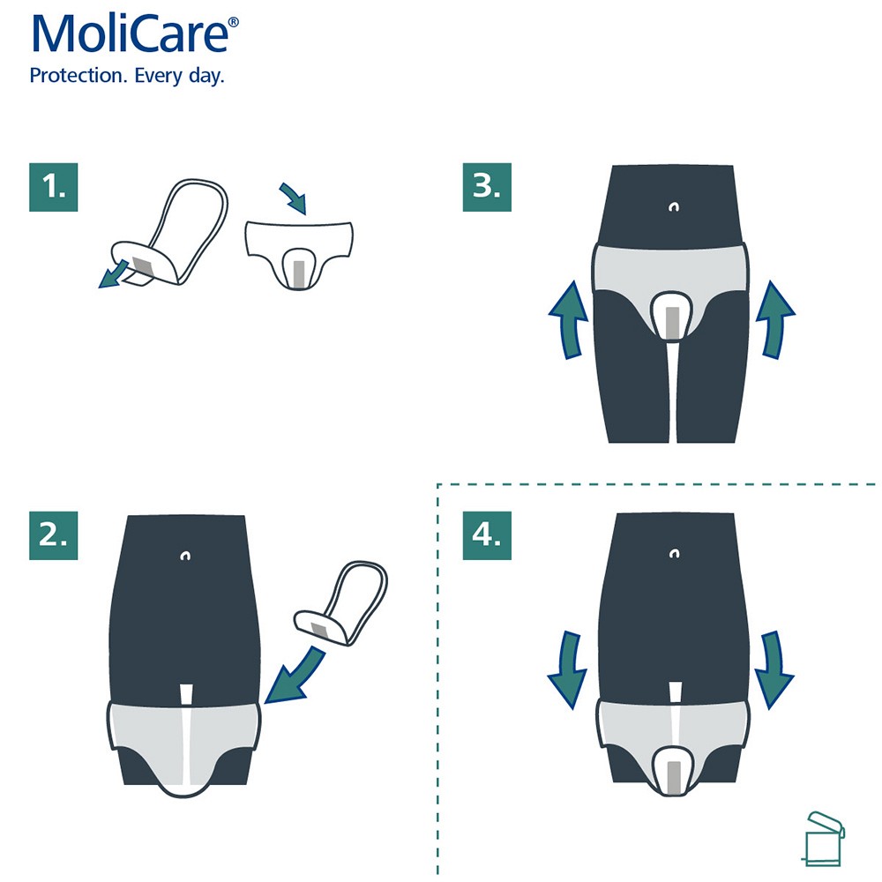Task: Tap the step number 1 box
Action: (53, 187)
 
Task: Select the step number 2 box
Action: (53, 534)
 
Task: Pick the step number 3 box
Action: (487, 187)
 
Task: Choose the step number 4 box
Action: (487, 534)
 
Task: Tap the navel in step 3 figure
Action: (675, 208)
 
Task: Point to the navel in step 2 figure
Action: (185, 556)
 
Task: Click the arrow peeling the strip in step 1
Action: (112, 273)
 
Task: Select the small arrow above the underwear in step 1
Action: (293, 198)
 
